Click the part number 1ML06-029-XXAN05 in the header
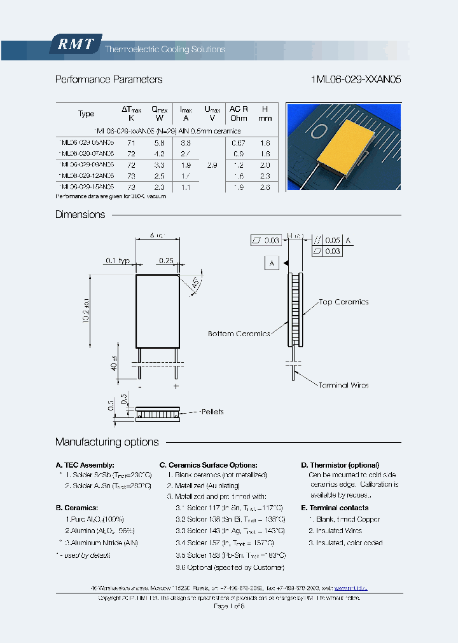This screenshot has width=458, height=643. [x=356, y=80]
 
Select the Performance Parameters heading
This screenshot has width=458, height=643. [x=109, y=80]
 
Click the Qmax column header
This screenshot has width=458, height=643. [x=159, y=113]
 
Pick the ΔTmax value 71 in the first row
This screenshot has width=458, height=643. [x=131, y=143]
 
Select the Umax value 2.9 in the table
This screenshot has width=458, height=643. [x=212, y=165]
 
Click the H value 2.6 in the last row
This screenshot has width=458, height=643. [x=265, y=187]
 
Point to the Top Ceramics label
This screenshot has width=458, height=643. [x=343, y=302]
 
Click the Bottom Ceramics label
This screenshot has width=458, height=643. [x=239, y=334]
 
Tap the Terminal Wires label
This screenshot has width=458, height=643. [x=343, y=385]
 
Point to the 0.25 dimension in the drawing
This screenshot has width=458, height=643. [x=167, y=261]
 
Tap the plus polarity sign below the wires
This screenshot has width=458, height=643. [x=176, y=386]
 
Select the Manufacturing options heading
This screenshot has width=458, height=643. [x=107, y=442]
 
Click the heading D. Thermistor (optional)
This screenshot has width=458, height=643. [x=340, y=465]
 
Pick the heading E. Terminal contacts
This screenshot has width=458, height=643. [x=335, y=508]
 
